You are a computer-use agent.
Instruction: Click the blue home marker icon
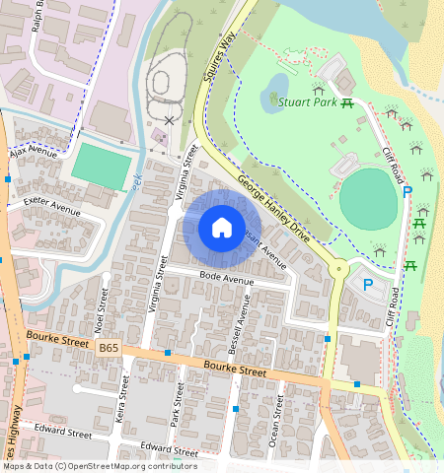(x=222, y=228)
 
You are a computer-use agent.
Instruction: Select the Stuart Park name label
(x=309, y=101)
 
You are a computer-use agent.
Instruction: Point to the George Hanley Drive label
(x=273, y=206)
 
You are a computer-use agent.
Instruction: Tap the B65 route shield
(x=109, y=349)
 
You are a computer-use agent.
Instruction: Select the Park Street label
(x=179, y=403)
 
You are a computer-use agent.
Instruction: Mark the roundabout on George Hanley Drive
(x=339, y=267)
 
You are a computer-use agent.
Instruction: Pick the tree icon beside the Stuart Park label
(x=272, y=99)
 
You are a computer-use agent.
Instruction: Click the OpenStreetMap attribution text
(x=99, y=466)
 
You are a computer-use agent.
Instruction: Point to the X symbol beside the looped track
(x=170, y=120)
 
